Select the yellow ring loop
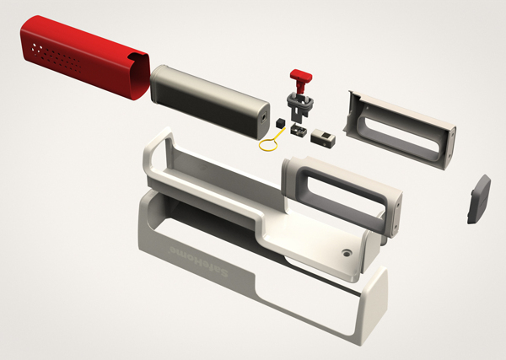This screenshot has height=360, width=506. [269, 146]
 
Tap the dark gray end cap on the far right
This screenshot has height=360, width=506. [478, 199]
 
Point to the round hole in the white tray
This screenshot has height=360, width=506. [347, 251]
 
